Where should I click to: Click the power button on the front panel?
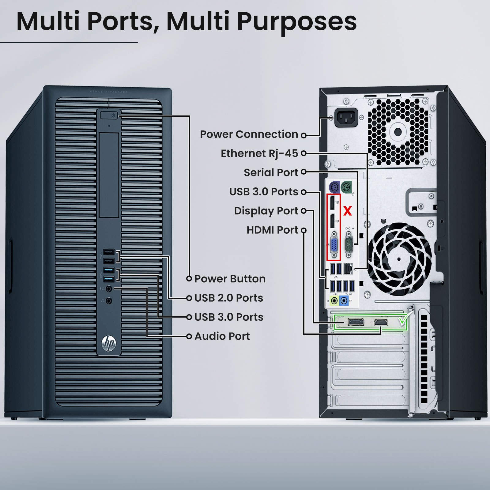[x=109, y=115]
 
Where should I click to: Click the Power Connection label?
[x=249, y=134]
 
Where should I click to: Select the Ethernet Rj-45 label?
[x=259, y=153]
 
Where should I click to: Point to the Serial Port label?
[x=271, y=172]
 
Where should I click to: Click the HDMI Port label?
[x=272, y=230]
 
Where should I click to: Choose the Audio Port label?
[x=222, y=336]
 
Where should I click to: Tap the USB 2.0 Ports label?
[x=229, y=298]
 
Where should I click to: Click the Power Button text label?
[x=230, y=279]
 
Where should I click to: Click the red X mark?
[x=348, y=211]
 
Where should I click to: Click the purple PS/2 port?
[x=334, y=187]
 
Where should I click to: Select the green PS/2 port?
[x=346, y=187]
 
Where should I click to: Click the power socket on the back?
[x=346, y=117]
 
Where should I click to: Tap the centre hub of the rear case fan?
[x=399, y=259]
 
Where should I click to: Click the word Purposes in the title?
[x=297, y=21]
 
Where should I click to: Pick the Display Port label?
[x=266, y=211]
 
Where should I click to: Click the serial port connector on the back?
[x=349, y=245]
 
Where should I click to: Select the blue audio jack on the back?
[x=344, y=300]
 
